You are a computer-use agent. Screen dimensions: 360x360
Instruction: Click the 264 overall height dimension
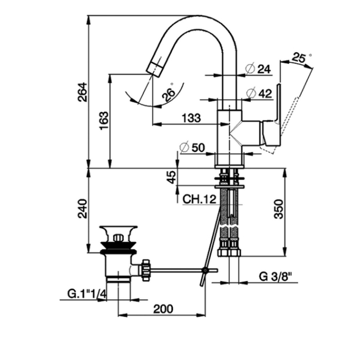point(83,92)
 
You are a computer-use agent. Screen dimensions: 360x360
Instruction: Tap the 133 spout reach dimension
point(191,118)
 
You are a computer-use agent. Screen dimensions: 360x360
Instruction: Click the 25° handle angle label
point(301,58)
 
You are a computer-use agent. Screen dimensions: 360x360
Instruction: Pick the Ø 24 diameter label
point(259,68)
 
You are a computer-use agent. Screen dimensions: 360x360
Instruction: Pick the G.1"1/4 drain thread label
point(86,294)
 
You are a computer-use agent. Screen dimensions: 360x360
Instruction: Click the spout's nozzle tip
point(153,67)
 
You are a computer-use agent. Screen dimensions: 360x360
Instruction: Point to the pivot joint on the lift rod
point(205,270)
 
